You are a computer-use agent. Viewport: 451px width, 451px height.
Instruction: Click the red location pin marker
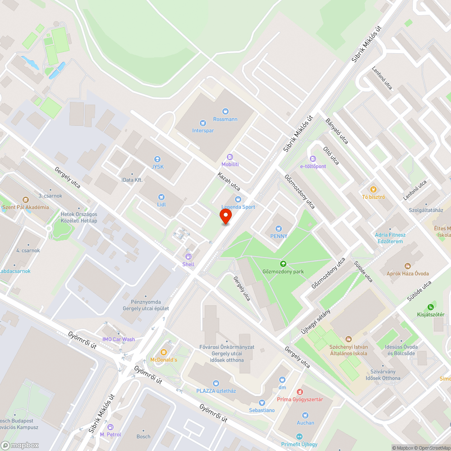pos(225,216)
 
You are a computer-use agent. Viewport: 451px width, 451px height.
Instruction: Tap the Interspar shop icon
pos(203,123)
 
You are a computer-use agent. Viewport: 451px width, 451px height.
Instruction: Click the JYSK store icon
pos(157,159)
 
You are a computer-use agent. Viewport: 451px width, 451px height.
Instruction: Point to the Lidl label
pos(161,204)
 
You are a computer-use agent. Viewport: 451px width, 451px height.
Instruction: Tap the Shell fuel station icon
pos(189,256)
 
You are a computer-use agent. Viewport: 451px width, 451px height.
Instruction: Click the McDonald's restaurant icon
pos(163,352)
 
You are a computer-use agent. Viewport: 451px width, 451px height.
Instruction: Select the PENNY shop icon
pos(279,228)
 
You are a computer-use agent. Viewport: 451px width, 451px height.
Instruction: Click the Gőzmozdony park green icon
pos(283,264)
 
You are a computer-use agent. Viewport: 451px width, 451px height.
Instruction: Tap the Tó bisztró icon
pos(373,189)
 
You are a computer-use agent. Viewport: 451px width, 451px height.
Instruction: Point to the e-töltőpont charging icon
pos(313,158)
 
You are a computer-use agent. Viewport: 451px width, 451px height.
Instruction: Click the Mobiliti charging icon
pos(230,156)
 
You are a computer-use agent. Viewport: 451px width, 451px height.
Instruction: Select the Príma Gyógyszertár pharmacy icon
pos(299,391)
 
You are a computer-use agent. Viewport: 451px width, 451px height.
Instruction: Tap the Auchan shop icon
pos(305,415)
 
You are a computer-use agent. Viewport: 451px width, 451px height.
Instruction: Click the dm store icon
pos(283,380)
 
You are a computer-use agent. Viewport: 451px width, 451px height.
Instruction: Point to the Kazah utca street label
pos(229,181)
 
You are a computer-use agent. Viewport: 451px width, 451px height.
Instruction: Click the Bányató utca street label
pos(337,130)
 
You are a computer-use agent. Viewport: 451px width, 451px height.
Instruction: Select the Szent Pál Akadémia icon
pos(25,199)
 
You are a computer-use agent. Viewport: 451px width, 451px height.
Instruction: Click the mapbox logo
pos(20,445)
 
